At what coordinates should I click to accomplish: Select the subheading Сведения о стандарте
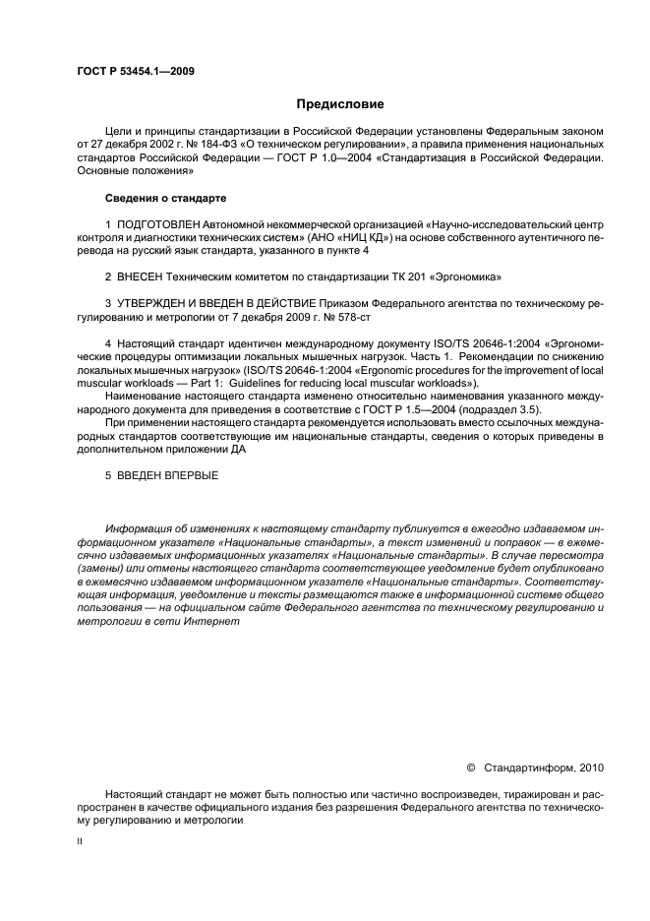coord(165,198)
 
